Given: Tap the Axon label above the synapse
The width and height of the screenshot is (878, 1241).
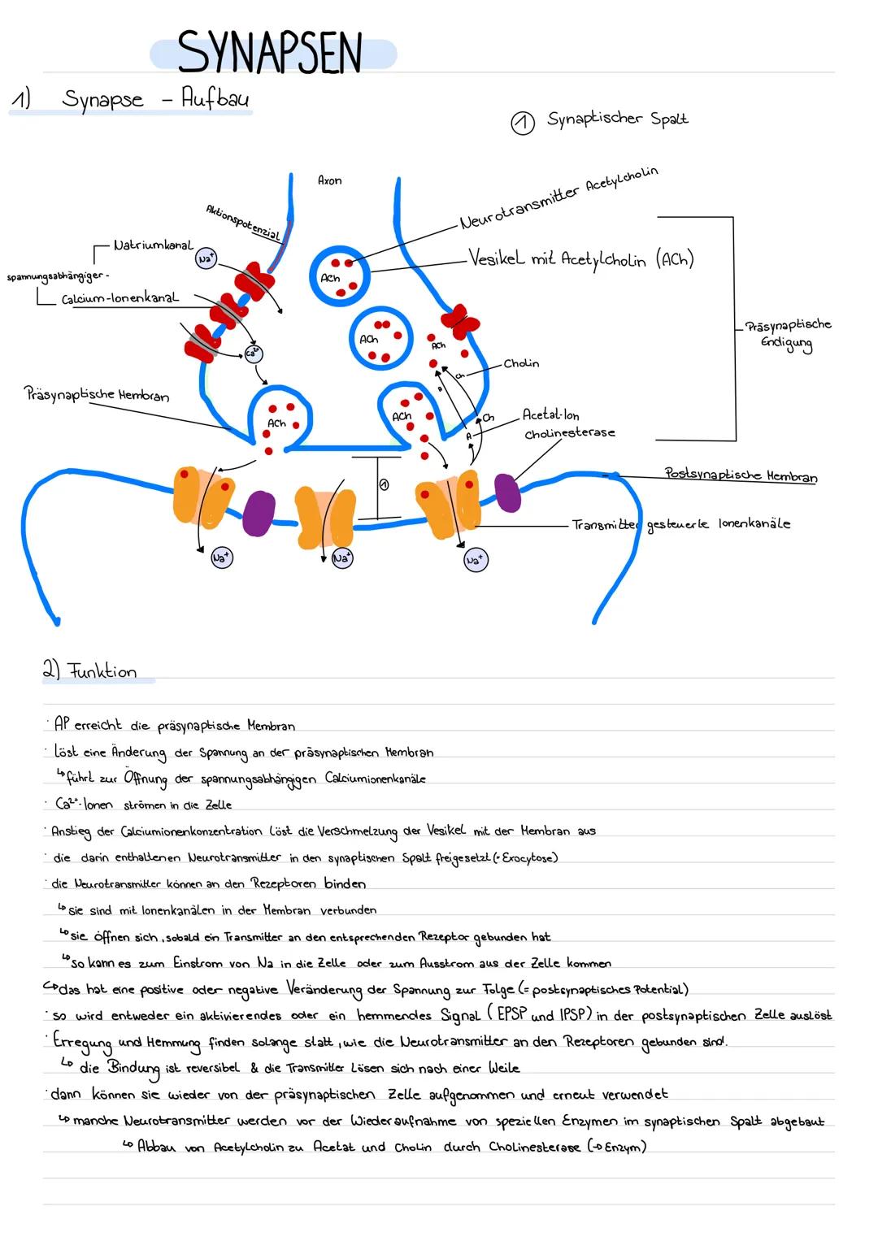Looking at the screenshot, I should click(329, 180).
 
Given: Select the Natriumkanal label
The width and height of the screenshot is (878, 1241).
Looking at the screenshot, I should click(153, 245).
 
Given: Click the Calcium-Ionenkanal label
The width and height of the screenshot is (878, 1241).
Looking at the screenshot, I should click(120, 299).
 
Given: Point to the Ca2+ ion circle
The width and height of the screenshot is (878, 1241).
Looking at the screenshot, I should click(254, 353).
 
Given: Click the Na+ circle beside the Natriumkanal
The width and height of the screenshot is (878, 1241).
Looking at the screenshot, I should click(206, 258).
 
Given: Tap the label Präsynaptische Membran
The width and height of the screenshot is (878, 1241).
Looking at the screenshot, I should click(98, 395).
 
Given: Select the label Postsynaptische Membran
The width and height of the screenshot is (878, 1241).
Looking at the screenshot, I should click(741, 475).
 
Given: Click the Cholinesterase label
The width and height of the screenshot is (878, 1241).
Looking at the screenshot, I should click(569, 433).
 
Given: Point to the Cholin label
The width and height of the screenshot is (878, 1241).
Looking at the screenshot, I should click(521, 363).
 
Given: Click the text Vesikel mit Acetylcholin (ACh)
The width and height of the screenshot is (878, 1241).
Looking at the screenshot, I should click(580, 259).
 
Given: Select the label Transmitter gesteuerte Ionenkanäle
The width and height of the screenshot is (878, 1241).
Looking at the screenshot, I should click(680, 525).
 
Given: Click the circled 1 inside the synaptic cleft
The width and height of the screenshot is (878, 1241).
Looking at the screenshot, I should click(384, 484).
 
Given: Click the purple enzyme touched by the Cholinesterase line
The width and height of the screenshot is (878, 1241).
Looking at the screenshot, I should click(508, 493).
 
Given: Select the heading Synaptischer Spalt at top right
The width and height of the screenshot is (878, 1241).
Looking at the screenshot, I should click(617, 119).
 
